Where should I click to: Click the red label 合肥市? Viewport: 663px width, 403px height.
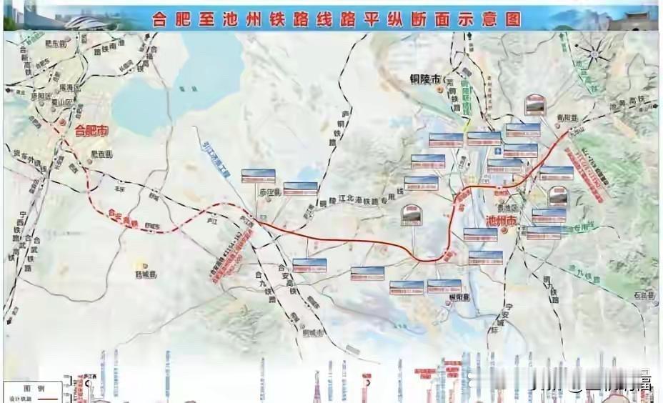pyautogui.click(x=91, y=131)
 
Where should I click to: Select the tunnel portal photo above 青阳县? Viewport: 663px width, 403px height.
pyautogui.click(x=537, y=105)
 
